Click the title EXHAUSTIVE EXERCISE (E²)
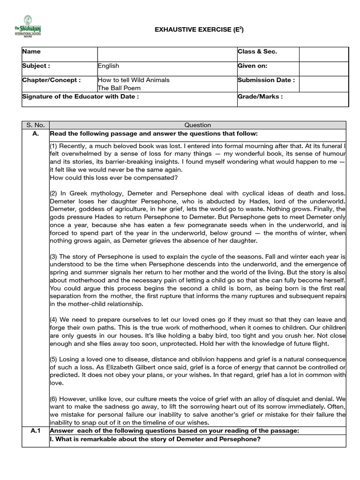point(199,30)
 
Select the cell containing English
point(109,67)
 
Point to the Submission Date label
point(266,80)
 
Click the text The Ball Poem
point(119,88)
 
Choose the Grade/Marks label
point(260,97)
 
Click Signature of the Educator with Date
point(81,97)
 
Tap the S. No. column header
point(36,125)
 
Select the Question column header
point(198,125)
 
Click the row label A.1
point(36,431)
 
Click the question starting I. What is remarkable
point(155,439)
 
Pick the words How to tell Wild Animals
point(134,80)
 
